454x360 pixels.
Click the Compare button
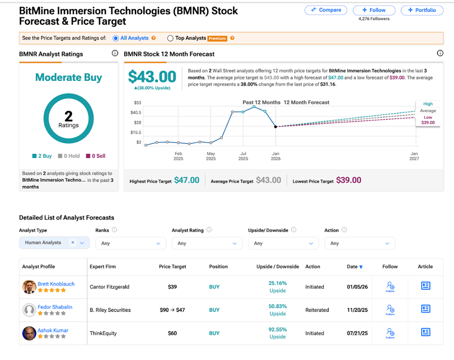tap(326, 10)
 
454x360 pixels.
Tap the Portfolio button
tap(422, 10)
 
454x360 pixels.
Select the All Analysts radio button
tap(115, 38)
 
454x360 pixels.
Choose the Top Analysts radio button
tap(170, 38)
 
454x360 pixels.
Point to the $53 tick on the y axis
tap(137, 102)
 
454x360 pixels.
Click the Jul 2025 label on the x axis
tap(243, 156)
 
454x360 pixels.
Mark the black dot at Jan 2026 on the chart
tap(276, 127)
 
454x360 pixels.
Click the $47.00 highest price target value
tap(186, 180)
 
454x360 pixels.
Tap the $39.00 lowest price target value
tap(348, 180)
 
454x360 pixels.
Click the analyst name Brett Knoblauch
tap(56, 284)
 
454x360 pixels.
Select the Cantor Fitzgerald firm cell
tap(110, 287)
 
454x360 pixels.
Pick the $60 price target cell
tap(172, 333)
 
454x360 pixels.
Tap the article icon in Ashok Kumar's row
tap(426, 332)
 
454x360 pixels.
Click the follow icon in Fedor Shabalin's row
tap(390, 309)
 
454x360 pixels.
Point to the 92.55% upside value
tap(277, 330)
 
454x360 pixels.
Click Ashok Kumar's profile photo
tap(29, 333)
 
